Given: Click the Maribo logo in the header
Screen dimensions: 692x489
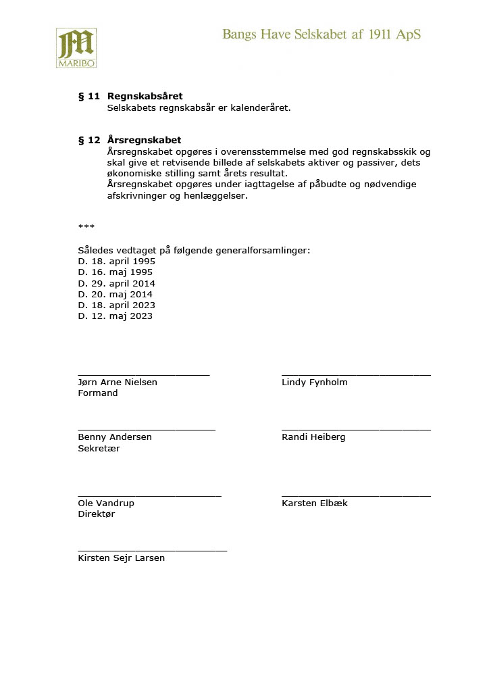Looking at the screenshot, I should pos(76,48).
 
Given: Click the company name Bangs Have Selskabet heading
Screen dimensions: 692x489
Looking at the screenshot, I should pos(321,34).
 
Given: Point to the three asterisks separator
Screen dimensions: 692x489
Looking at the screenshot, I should pos(86,227).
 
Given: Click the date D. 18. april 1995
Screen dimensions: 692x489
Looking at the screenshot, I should pos(117,262).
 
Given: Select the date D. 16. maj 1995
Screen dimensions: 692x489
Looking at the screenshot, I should pos(115,272).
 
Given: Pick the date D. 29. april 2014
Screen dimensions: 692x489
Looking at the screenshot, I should pos(117,283).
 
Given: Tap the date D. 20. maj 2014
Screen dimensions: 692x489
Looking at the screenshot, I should pos(115,294).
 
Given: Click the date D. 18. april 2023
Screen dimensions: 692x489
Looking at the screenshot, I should pos(117,305).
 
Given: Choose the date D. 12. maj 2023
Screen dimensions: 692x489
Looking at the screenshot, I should pos(115,316).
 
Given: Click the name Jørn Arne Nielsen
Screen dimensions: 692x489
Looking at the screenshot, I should pos(118,382).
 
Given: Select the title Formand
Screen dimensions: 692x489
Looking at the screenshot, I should pos(98,393).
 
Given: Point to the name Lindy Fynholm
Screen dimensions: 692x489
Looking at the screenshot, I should pos(315,382).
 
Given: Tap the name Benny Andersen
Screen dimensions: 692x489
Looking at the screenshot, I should pos(115,437).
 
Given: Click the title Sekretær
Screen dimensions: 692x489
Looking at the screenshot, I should pos(99,448).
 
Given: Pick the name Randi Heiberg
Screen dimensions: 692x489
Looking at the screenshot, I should pos(313,437).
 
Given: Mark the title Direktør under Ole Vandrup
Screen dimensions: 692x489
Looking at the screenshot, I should pos(97,514).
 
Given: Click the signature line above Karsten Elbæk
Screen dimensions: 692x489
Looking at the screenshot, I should pos(356,496).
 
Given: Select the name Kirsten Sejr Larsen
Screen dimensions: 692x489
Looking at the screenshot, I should pos(122,558).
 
